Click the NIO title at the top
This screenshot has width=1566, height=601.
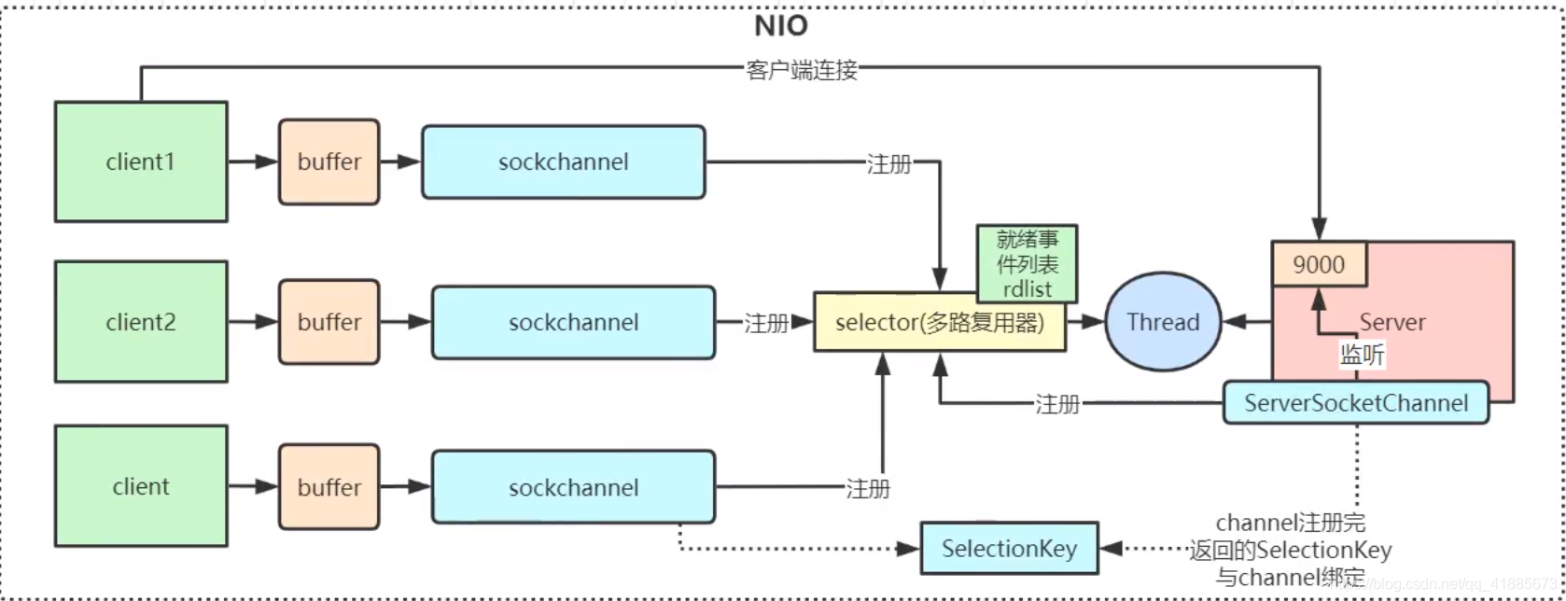(781, 26)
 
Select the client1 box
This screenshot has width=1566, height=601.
(141, 161)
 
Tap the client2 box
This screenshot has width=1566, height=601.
(141, 322)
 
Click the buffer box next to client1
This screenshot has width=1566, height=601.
(329, 161)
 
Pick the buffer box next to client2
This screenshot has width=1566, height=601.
(329, 322)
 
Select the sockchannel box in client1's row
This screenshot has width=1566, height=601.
(563, 161)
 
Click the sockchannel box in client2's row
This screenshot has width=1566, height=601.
(573, 322)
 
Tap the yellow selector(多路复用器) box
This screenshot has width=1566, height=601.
(939, 322)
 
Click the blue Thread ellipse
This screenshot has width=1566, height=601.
(1163, 322)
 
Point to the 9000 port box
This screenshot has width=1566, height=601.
(1319, 264)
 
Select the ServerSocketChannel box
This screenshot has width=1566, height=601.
(1356, 403)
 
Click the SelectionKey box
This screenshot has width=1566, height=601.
(1009, 549)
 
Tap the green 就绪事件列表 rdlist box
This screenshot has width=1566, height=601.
(1027, 264)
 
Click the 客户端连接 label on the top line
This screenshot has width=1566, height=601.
(802, 70)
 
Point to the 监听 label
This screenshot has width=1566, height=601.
(1363, 355)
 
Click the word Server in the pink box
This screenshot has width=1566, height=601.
(1392, 322)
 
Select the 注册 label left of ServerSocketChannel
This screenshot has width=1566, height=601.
(1057, 404)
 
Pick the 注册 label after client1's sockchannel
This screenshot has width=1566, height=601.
(888, 164)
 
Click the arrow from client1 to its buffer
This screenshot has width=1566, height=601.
(253, 161)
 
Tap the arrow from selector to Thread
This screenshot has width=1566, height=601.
(1085, 322)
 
